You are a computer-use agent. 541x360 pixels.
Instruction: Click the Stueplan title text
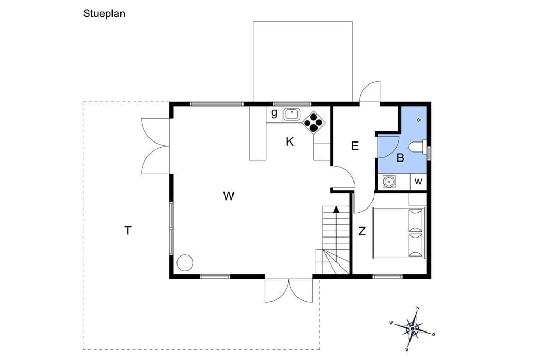(x=104, y=14)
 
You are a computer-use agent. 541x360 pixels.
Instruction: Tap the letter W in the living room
(x=229, y=196)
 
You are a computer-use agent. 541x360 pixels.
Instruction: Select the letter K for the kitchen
(x=290, y=141)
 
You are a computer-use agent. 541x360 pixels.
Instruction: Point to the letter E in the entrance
(x=355, y=146)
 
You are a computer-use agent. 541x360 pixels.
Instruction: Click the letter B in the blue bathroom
(x=400, y=158)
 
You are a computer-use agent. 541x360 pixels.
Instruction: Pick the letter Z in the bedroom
(x=361, y=231)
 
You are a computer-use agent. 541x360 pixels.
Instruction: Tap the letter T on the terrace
(x=128, y=230)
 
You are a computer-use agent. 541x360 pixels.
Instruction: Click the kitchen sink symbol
(x=292, y=114)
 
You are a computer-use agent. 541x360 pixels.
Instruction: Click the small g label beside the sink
(x=274, y=113)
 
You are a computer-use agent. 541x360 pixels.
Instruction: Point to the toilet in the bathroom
(x=418, y=147)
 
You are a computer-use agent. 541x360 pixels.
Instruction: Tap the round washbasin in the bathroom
(x=389, y=182)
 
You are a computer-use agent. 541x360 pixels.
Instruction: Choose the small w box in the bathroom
(x=418, y=182)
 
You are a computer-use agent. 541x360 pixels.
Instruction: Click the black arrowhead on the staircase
(x=337, y=209)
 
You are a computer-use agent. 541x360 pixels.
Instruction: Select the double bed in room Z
(x=399, y=232)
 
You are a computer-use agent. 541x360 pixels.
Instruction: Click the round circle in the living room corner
(x=185, y=263)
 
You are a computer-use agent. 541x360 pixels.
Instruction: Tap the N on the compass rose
(x=418, y=308)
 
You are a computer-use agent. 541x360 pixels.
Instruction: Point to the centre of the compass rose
(x=413, y=329)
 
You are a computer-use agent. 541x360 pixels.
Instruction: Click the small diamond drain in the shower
(x=419, y=120)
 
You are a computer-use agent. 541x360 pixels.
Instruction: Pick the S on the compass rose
(x=407, y=349)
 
